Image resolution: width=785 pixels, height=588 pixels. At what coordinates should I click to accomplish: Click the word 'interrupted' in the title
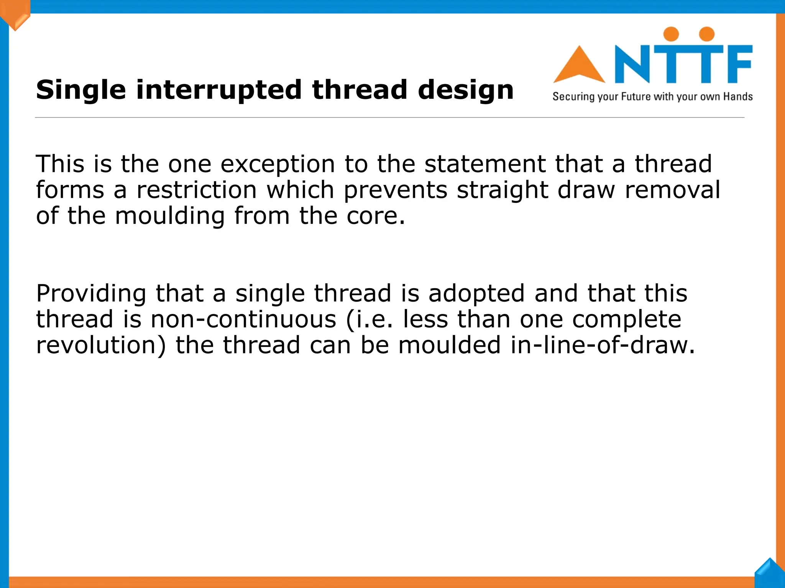coord(218,90)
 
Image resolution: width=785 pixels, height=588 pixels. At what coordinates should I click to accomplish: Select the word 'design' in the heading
coord(465,90)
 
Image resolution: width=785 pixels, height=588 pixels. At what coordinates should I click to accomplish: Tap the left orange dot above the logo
coord(671,34)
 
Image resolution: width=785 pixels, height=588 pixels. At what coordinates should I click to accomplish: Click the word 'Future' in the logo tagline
coord(636,96)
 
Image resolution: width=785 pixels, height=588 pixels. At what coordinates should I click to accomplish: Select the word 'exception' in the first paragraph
coord(278,164)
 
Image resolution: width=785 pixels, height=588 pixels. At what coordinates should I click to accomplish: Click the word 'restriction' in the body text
coord(196,190)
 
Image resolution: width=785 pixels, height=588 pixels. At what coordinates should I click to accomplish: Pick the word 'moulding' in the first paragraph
coord(170,216)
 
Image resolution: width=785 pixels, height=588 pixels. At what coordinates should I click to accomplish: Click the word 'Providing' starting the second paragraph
coord(91,294)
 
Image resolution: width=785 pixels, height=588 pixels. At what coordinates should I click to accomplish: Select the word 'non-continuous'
coord(243,320)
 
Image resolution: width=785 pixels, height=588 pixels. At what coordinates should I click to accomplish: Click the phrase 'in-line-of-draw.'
coord(603,345)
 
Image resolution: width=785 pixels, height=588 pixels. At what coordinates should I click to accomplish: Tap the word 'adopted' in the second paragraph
coord(476,294)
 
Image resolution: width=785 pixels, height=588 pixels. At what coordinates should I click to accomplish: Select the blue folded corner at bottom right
coord(770,573)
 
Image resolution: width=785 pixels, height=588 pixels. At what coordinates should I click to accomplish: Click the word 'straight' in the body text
coord(503,190)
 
